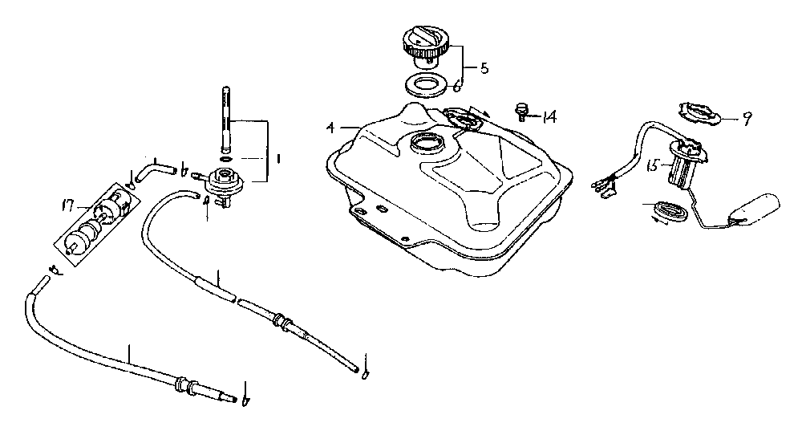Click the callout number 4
(330, 126)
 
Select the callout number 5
(484, 68)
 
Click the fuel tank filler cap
(427, 43)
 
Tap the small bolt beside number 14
(521, 110)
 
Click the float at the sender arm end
(755, 207)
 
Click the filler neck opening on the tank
(426, 145)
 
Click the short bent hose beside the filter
(152, 169)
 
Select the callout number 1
(277, 159)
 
